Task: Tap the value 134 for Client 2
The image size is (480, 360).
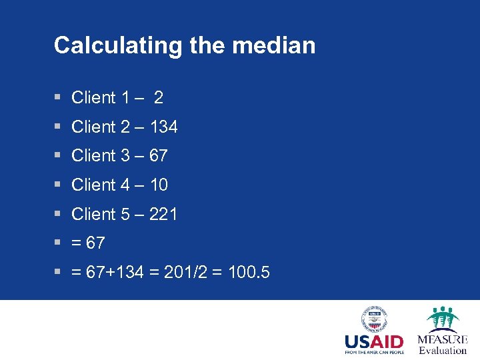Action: tap(163, 127)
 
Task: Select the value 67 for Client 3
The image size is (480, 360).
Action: tap(159, 156)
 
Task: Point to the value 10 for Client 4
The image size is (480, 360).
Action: tap(159, 185)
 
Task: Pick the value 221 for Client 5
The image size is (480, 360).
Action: tap(163, 214)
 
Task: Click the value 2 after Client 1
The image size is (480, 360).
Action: tap(158, 98)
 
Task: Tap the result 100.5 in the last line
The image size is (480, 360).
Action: tap(249, 272)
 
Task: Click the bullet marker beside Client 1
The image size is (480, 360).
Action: tap(58, 98)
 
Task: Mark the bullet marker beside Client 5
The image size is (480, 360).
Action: tap(58, 214)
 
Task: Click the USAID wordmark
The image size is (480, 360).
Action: tap(374, 343)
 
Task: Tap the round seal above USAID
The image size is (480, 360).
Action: tap(374, 319)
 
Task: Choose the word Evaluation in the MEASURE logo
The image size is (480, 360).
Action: tap(443, 351)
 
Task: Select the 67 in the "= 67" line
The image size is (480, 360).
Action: tap(95, 243)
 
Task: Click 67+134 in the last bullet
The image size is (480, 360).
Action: tap(115, 272)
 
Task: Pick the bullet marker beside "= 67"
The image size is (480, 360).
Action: tap(58, 243)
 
